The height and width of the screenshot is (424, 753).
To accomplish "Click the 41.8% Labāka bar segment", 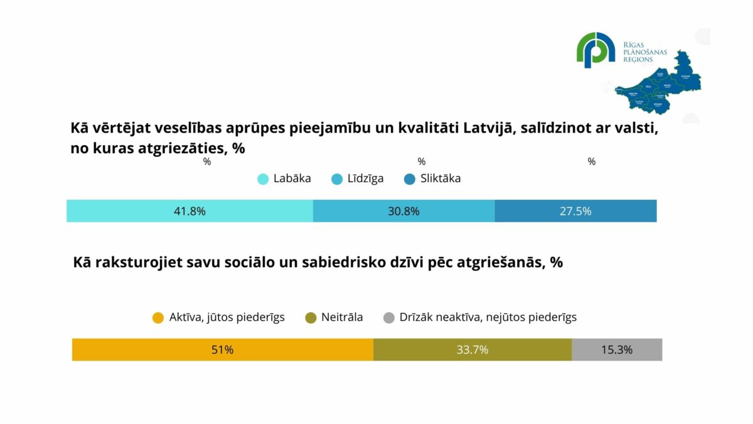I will pos(190,211).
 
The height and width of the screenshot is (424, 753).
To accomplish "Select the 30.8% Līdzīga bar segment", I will pos(403,211).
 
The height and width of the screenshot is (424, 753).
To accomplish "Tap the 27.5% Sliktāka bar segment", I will pos(575,211).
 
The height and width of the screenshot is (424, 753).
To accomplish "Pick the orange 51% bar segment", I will pos(222,350).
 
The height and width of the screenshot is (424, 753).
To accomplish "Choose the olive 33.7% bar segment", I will pos(472,350).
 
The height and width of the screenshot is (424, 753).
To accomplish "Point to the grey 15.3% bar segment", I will pos(616,350).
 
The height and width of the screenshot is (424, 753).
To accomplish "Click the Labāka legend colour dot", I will pos(264,179).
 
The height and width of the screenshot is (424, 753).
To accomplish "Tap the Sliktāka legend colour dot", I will pos(410,179).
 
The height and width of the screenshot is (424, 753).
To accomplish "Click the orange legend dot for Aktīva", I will pos(159,318).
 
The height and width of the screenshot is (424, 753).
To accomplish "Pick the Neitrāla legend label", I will pos(342,317).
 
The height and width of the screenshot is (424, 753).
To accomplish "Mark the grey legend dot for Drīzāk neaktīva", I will pos(389,318).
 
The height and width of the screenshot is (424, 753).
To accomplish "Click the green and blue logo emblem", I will pos(595,50).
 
